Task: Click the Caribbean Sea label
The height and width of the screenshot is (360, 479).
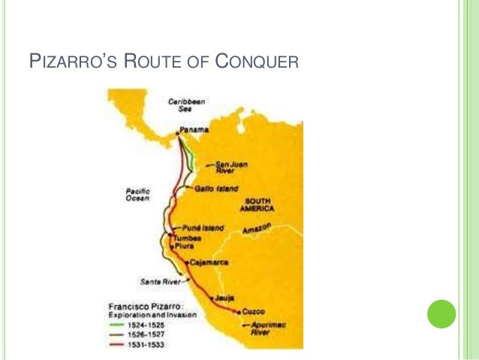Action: coord(182,103)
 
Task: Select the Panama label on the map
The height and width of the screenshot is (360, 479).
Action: coord(194,131)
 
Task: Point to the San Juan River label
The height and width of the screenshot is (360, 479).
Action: coord(230,166)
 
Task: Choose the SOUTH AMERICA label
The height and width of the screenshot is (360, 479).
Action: coord(257,205)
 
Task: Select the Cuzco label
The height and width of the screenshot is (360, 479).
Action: coord(253,311)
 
